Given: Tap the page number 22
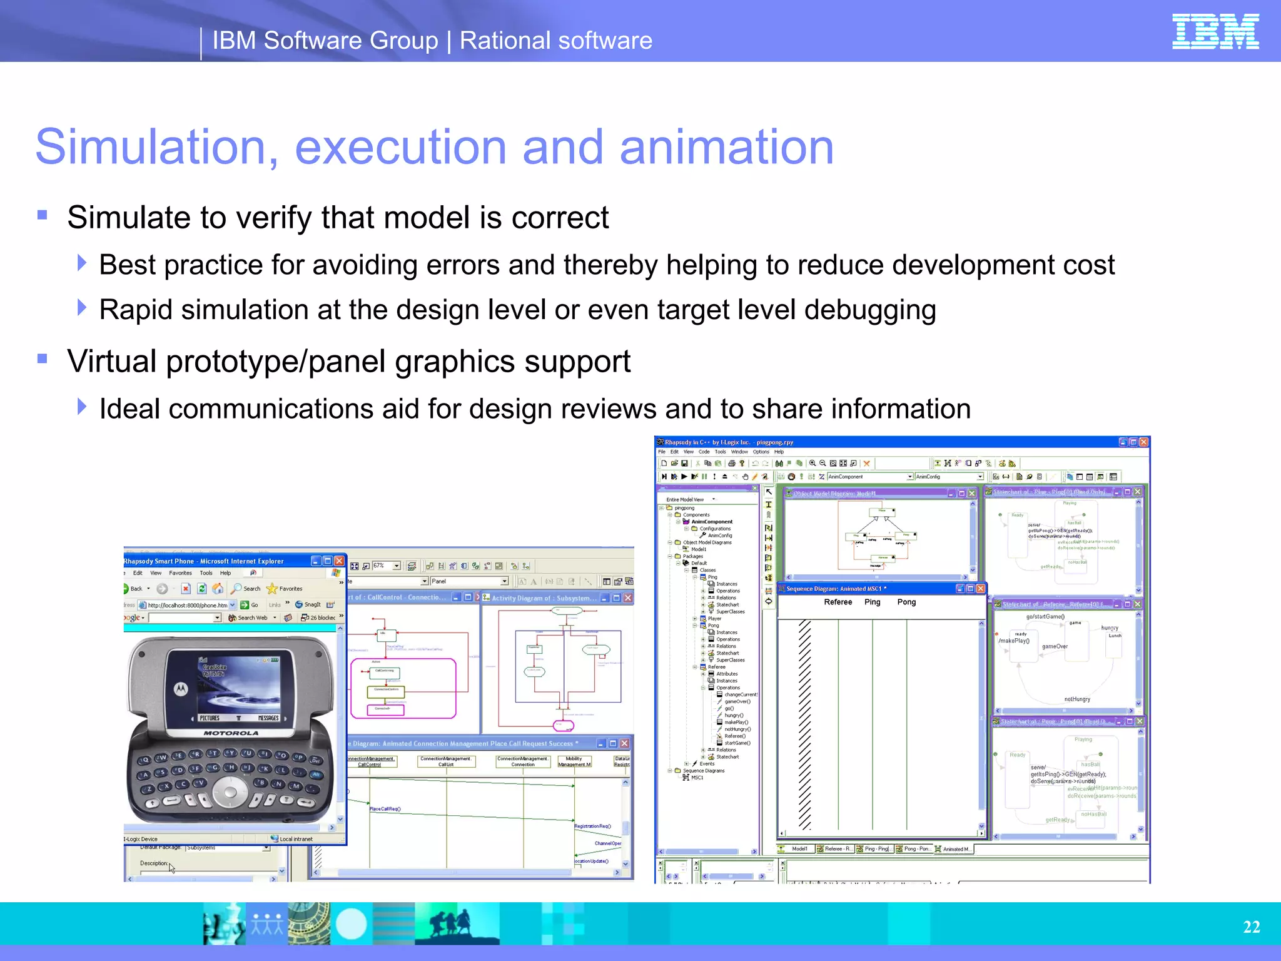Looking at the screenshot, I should click(x=1251, y=927).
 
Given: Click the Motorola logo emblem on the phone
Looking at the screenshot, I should click(x=181, y=689).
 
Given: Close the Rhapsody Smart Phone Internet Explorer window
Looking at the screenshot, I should click(x=339, y=561).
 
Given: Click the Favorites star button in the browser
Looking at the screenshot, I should click(x=285, y=589).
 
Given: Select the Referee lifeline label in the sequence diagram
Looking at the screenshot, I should click(x=838, y=602).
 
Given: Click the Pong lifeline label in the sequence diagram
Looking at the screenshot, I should click(x=906, y=602).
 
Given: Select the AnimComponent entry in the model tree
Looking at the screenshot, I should click(x=712, y=521).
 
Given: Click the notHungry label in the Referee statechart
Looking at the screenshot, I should click(x=1076, y=699).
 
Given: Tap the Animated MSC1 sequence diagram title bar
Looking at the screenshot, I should click(x=863, y=589).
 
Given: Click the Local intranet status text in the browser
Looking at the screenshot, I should click(x=295, y=839).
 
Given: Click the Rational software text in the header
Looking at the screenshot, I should click(x=555, y=41).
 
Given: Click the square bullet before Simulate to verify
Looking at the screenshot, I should click(x=43, y=215).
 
